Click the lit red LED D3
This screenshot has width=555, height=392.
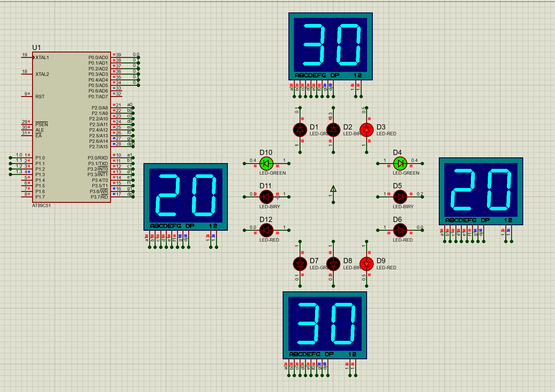pyautogui.click(x=366, y=130)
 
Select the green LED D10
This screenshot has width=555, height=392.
pyautogui.click(x=266, y=164)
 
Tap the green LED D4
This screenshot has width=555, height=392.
pyautogui.click(x=400, y=164)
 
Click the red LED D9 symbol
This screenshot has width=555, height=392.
pyautogui.click(x=366, y=264)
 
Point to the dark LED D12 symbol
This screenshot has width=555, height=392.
pyautogui.click(x=266, y=230)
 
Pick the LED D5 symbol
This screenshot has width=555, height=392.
pyautogui.click(x=400, y=197)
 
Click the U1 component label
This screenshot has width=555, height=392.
pyautogui.click(x=36, y=48)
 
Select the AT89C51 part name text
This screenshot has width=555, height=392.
pyautogui.click(x=41, y=206)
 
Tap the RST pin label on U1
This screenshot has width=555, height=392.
pyautogui.click(x=40, y=97)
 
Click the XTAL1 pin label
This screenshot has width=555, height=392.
pyautogui.click(x=42, y=58)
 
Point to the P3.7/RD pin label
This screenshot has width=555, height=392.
pyautogui.click(x=99, y=197)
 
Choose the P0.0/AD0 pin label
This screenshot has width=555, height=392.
pyautogui.click(x=98, y=58)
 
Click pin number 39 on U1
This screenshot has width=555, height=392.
pyautogui.click(x=118, y=55)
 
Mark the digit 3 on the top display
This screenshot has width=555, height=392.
pyautogui.click(x=314, y=45)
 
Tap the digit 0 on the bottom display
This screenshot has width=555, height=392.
pyautogui.click(x=343, y=323)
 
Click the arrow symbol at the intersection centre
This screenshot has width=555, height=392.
pyautogui.click(x=333, y=189)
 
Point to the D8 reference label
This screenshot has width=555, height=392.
pyautogui.click(x=348, y=261)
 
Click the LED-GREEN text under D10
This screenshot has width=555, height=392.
pyautogui.click(x=272, y=173)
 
